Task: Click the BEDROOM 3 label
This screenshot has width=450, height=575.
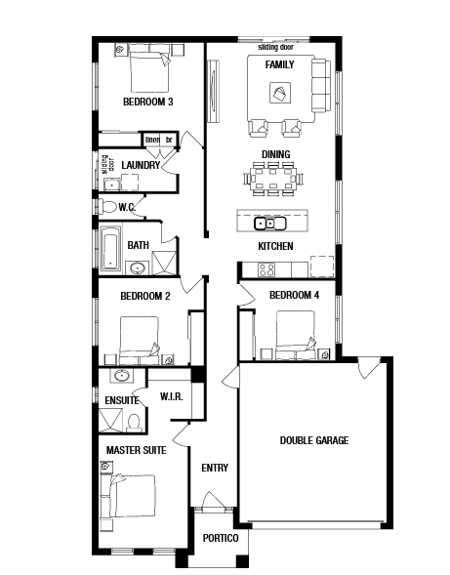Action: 147,102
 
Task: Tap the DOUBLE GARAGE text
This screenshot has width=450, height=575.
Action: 314,440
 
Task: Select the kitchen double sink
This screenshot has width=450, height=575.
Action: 270,223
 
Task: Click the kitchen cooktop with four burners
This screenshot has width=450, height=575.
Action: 266,269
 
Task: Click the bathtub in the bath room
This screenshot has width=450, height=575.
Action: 110,248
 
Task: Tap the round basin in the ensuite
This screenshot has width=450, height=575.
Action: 121,375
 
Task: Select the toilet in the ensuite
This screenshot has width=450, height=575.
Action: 135,423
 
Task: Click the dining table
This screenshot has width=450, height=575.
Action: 273,179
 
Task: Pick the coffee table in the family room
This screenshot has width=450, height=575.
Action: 280,93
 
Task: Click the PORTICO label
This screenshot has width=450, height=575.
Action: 221,538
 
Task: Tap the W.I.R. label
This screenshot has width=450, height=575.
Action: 171,396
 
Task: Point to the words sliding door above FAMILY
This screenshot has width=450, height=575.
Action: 276,47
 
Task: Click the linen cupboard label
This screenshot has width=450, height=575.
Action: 152,140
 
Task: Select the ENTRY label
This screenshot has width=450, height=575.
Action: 215,468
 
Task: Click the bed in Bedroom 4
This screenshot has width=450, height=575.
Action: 295,335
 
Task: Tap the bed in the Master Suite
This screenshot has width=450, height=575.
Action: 132,496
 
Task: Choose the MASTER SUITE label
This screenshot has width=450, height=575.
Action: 136,450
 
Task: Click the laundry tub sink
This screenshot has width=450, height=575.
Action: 111,185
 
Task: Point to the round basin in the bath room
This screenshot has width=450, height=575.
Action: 138,268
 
